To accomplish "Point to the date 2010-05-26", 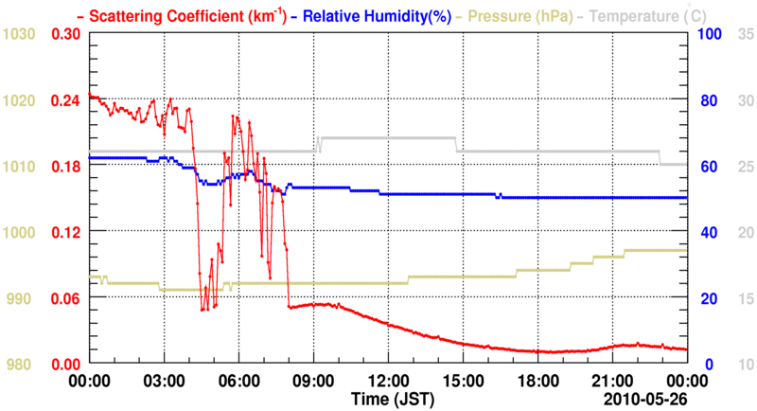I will click(644, 396).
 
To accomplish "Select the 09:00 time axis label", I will click(312, 381).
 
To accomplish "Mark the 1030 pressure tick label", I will click(19, 35).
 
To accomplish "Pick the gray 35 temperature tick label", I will click(743, 35).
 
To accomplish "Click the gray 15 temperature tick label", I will click(743, 298).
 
